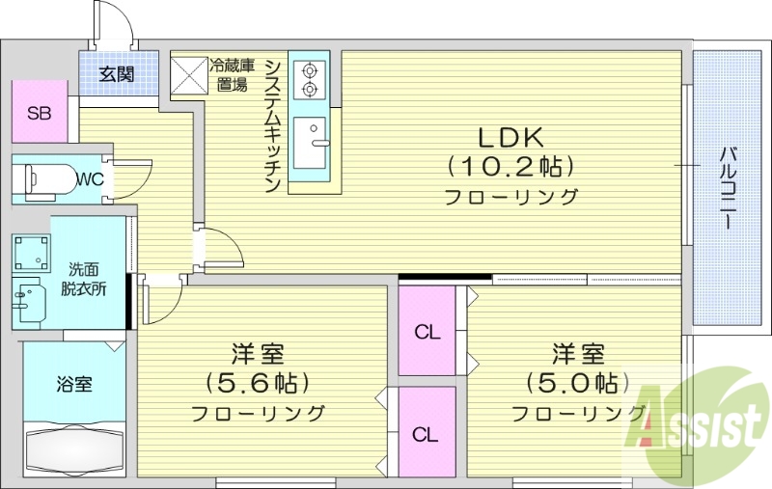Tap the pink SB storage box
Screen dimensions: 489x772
coord(40,113)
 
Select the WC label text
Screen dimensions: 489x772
coord(90,179)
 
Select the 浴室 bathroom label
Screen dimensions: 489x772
coord(73,384)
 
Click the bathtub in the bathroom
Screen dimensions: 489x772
coord(73,448)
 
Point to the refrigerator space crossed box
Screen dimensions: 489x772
coord(188,74)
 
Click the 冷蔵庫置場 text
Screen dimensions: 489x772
coord(232,75)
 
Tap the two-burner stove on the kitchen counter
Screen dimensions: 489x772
coord(310,80)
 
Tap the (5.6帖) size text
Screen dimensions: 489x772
coord(258,383)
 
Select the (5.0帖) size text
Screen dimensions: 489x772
coord(571,383)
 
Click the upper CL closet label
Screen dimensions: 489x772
coord(427,333)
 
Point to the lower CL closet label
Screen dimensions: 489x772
coord(426,434)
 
